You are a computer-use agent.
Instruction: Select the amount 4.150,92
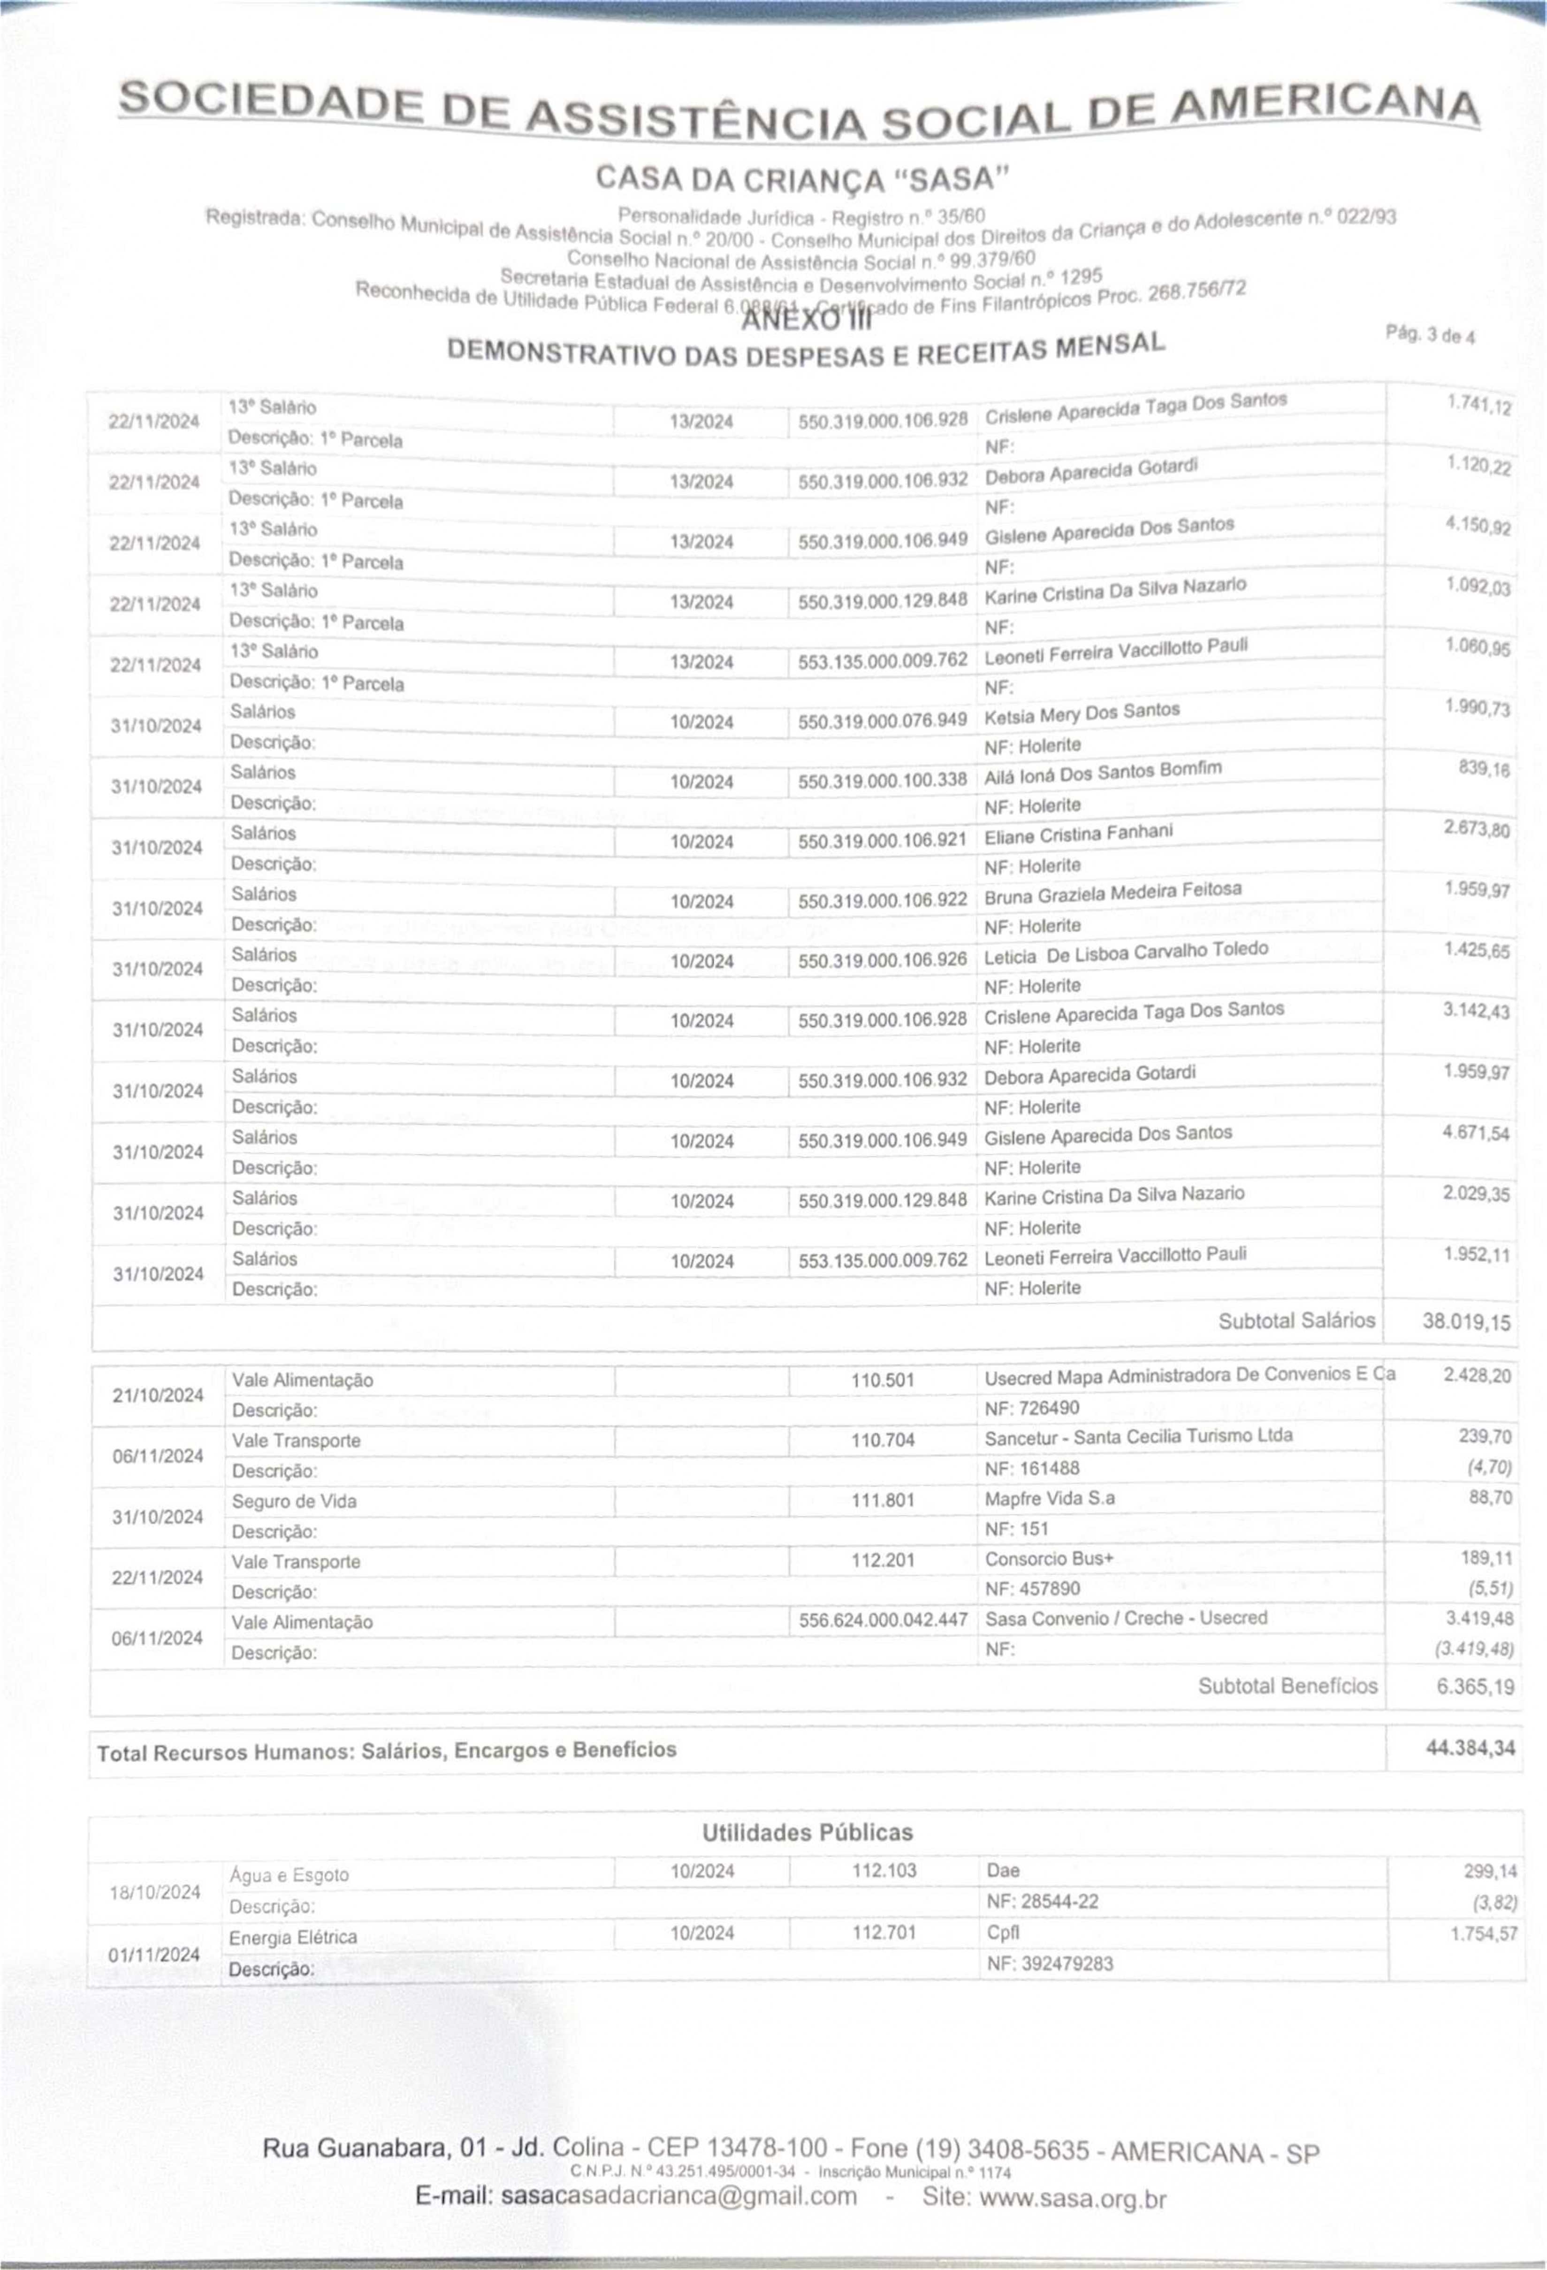1478,527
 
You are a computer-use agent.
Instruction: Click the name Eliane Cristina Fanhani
1078,835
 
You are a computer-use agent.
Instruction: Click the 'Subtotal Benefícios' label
1287,1686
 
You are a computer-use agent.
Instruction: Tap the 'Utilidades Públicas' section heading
807,1833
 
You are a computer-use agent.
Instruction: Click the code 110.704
882,1440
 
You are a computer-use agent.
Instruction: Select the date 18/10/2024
154,1892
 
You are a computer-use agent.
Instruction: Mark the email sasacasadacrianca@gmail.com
678,2197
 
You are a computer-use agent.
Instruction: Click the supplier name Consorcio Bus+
1049,1559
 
